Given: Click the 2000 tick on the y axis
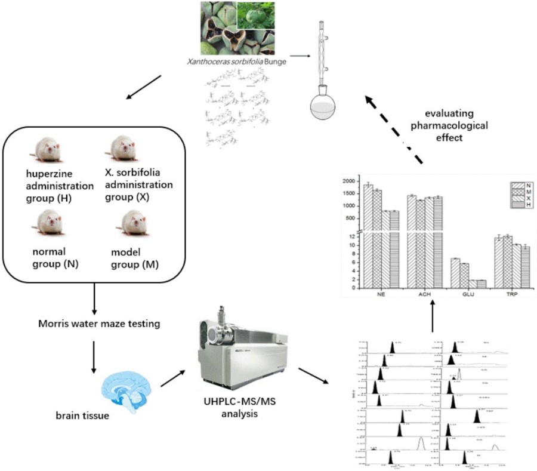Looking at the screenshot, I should coord(350,181).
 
